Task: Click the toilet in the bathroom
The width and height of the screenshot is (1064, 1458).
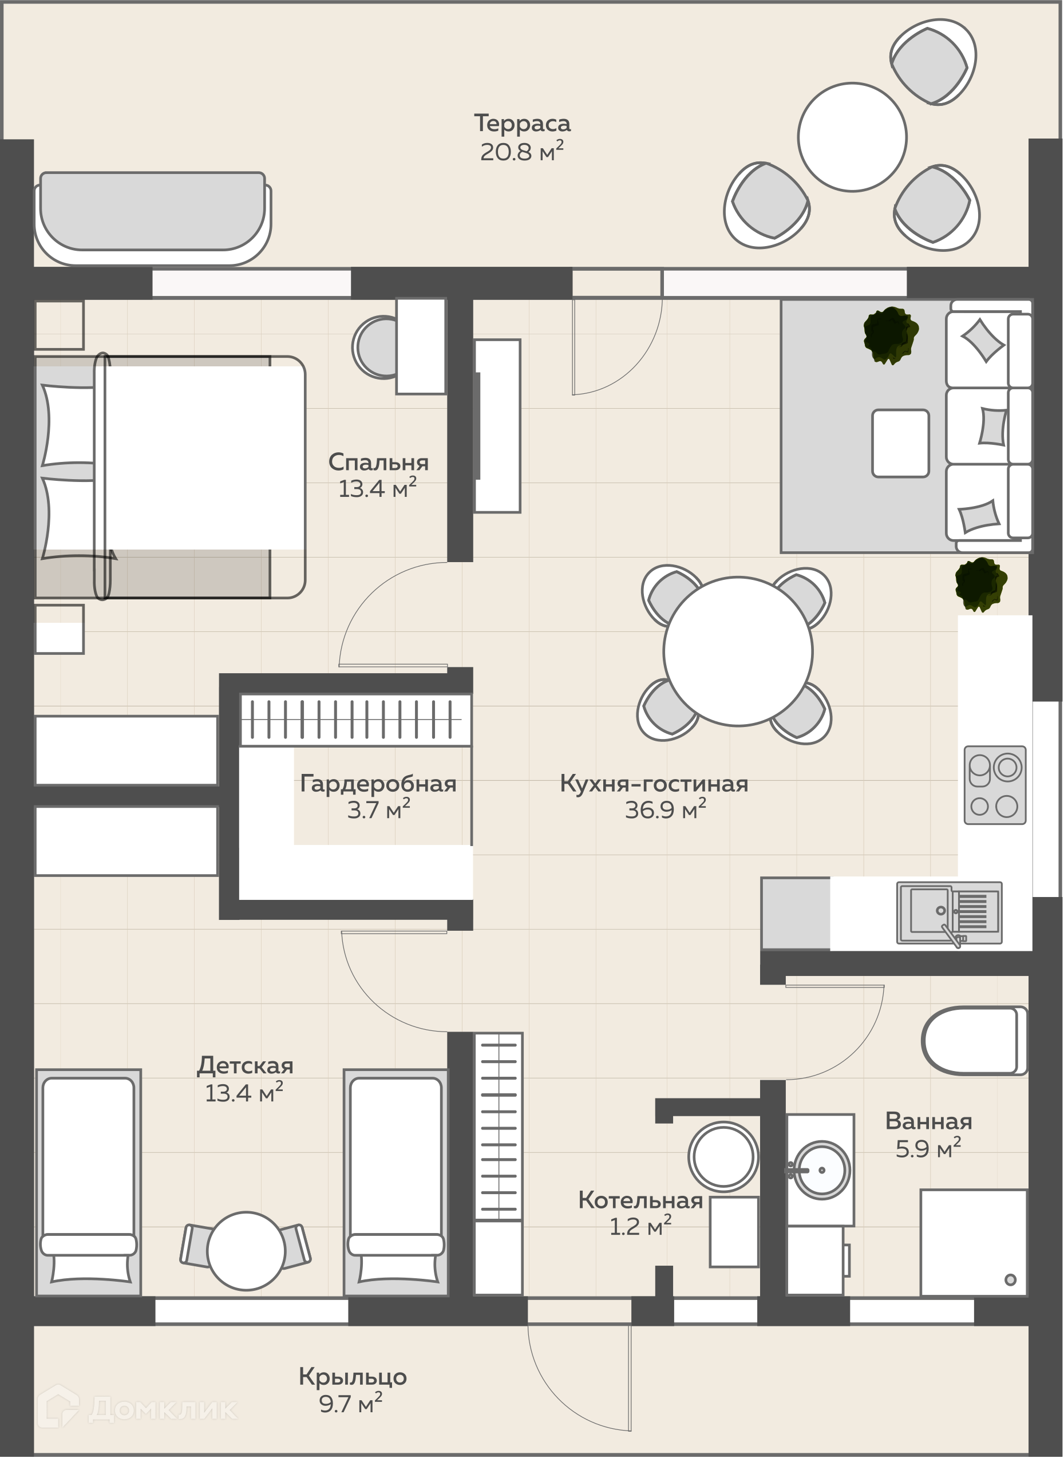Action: click(974, 1041)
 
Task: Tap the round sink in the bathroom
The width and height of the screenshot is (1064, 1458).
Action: click(821, 1170)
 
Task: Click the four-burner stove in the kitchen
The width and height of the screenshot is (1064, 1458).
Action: click(994, 785)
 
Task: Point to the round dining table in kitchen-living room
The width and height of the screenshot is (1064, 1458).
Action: click(737, 651)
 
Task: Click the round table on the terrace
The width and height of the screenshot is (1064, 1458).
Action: click(852, 137)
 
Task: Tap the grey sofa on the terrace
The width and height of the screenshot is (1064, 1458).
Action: click(153, 218)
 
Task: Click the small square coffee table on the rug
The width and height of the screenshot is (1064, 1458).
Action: click(900, 443)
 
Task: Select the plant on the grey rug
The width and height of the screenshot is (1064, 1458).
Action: click(891, 335)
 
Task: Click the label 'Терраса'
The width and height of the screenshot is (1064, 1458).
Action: click(523, 123)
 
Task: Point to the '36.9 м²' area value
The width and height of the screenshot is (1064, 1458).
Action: click(665, 809)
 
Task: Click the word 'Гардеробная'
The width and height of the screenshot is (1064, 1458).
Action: click(378, 784)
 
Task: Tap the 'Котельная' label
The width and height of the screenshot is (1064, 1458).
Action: click(640, 1200)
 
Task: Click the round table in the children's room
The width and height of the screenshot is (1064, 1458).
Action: click(246, 1251)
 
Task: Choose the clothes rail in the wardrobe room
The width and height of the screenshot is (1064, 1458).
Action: click(355, 720)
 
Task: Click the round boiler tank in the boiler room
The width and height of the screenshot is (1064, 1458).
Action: click(723, 1156)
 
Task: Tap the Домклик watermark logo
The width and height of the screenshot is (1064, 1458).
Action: click(137, 1408)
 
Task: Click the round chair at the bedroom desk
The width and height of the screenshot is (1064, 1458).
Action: click(375, 347)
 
